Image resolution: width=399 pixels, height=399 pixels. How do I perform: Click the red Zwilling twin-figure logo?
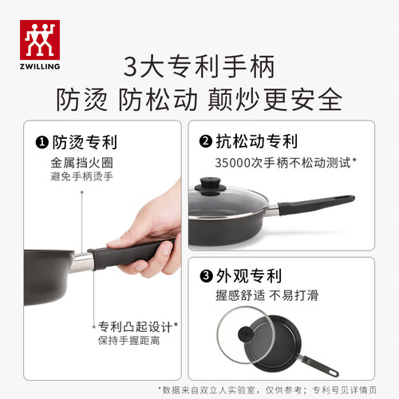(40, 40)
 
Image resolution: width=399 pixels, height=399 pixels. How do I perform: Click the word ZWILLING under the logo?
(40, 66)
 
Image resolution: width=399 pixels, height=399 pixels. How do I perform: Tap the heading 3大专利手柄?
(199, 66)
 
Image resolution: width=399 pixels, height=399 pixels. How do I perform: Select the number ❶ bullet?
(42, 142)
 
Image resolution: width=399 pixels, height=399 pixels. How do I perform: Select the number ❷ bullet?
(206, 141)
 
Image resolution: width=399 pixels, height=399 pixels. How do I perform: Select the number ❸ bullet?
(206, 275)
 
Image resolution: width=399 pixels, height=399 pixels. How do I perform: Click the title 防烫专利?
(85, 142)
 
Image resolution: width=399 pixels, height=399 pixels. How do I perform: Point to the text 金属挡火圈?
(82, 163)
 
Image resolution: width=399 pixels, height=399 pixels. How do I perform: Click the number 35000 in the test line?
(233, 163)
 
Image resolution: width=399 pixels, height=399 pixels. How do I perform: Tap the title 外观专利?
(249, 275)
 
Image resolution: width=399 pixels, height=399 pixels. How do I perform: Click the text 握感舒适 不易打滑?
(267, 295)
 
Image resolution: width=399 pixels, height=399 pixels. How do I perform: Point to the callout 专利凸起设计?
(135, 326)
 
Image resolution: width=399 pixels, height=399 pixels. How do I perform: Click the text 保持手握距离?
(129, 341)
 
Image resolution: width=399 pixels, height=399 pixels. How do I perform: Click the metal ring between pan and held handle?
(82, 263)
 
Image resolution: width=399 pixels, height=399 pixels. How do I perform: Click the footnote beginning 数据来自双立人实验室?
(267, 390)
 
